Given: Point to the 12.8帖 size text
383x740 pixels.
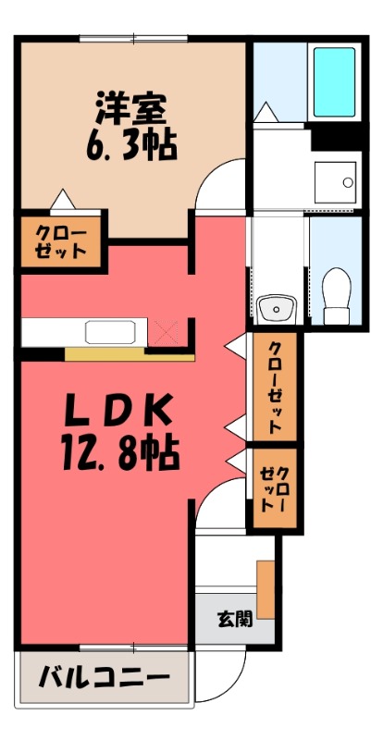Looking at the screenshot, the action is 120,452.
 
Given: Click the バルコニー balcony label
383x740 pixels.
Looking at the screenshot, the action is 105,680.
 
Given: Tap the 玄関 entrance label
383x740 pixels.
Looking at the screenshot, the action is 235,620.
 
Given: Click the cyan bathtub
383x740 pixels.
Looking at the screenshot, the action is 334,81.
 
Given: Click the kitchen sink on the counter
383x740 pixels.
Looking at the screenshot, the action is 110,332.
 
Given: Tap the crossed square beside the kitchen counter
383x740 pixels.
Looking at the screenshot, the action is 166,332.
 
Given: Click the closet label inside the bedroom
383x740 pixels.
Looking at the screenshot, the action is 61,241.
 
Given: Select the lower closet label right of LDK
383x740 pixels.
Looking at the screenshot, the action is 275,488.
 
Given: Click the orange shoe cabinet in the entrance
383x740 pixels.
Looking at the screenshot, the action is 266,589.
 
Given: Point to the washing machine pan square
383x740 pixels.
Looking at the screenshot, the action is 335,182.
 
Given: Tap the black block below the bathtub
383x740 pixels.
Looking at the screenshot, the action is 336,136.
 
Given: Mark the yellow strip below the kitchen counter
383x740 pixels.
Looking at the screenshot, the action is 130,354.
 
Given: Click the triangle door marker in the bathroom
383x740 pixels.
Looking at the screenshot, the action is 266,112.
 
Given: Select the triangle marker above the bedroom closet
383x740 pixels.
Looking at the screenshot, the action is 62,200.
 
